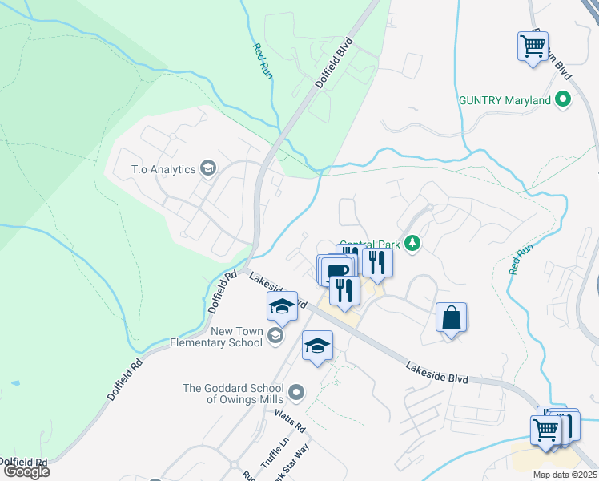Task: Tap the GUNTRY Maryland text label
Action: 504,100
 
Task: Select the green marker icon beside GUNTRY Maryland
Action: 563,100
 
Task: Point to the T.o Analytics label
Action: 164,168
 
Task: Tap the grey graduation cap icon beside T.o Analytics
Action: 208,168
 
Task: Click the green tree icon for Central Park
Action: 412,242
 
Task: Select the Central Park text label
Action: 369,245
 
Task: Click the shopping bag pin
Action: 452,317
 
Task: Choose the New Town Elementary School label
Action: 216,337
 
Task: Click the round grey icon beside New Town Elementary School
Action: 276,333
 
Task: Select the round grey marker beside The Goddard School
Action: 296,392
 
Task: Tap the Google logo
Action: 26,471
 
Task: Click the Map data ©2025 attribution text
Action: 565,475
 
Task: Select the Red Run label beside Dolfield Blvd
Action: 263,61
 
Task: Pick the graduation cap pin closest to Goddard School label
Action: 317,346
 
